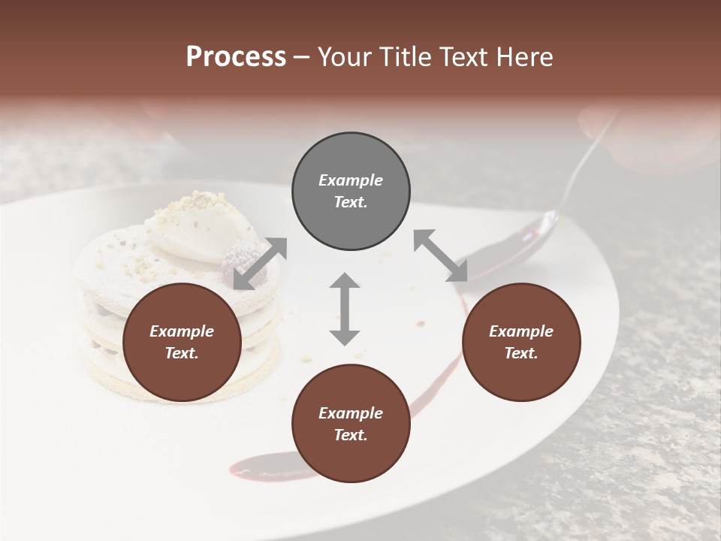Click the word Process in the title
click(236, 57)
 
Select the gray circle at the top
click(351, 192)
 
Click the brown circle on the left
click(182, 343)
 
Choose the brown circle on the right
click(521, 343)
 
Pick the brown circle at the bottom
click(351, 424)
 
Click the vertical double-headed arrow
click(345, 309)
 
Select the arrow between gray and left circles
click(260, 263)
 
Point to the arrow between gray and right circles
click(440, 255)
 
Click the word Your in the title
click(345, 57)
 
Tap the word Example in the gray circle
click(351, 180)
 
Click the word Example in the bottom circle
click(351, 413)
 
